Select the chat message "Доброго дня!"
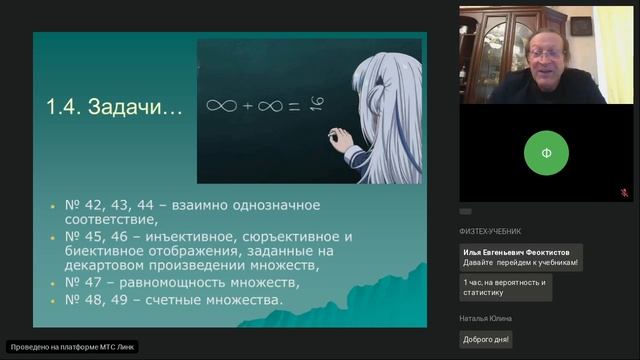tap(486, 339)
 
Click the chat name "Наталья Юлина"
tap(486, 319)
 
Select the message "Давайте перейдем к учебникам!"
tap(521, 263)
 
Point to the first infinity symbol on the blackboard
tap(220, 104)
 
